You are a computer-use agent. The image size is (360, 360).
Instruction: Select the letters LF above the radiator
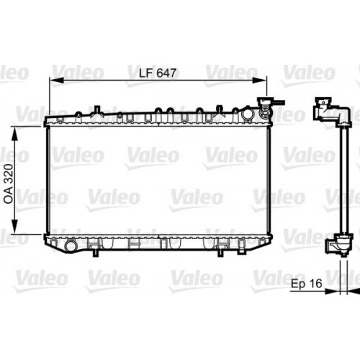click(x=145, y=72)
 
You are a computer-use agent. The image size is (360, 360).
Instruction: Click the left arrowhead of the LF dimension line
click(x=52, y=80)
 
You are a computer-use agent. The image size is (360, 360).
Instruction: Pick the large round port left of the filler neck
click(x=248, y=114)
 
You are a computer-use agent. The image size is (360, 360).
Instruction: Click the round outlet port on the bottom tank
click(x=70, y=246)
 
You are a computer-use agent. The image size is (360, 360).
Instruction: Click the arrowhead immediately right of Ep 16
click(x=332, y=292)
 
